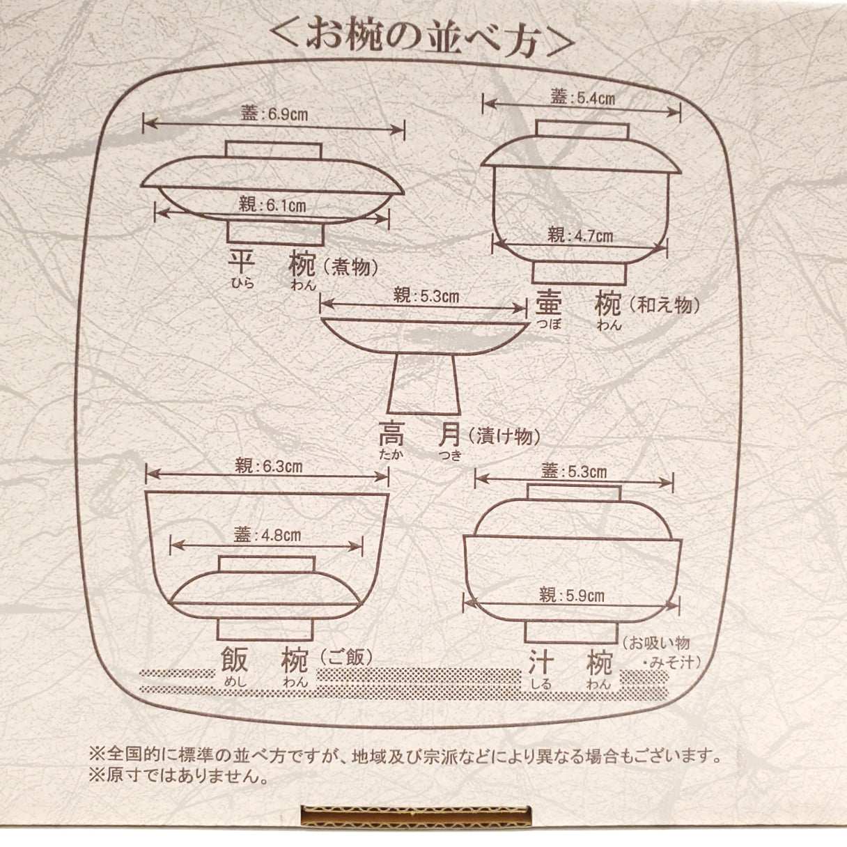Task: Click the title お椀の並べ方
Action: (x=423, y=41)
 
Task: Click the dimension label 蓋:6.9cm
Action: (x=274, y=114)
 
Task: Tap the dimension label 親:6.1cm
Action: (x=272, y=205)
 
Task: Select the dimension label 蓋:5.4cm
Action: (x=582, y=98)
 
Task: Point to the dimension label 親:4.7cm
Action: (x=580, y=235)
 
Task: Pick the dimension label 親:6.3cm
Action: (x=268, y=466)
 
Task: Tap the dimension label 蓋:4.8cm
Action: (x=267, y=535)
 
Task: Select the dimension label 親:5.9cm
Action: (x=572, y=595)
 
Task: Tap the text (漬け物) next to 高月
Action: (x=504, y=437)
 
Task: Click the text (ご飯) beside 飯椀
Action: (x=345, y=657)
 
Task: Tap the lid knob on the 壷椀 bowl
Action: (x=582, y=130)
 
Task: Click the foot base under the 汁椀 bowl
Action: (x=570, y=631)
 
